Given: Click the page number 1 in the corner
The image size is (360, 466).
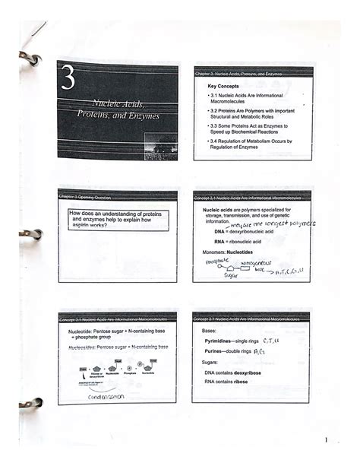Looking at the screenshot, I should point(325,440).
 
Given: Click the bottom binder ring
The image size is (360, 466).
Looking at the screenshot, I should point(30,404).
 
